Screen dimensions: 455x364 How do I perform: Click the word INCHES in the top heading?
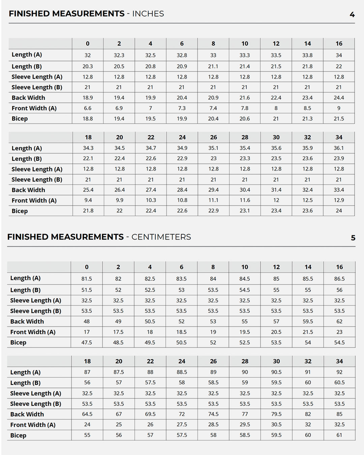pos(148,14)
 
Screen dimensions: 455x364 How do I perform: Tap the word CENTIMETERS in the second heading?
pos(161,237)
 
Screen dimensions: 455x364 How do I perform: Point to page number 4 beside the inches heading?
pos(352,14)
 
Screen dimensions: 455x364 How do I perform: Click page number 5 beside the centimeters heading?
pos(353,238)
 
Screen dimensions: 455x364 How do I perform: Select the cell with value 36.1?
pos(339,148)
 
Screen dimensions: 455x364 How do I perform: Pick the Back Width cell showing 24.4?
pos(339,98)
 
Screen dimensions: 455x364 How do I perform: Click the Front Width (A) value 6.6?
pos(88,108)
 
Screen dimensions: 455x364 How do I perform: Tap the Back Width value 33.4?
pos(339,190)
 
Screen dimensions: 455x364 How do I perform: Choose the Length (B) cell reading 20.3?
pos(88,66)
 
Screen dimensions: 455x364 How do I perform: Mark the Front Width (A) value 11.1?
pos(213,200)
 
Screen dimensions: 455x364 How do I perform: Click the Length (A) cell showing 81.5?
pos(87,279)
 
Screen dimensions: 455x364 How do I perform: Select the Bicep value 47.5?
pos(87,342)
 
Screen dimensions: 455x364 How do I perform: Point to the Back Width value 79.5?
pos(276,414)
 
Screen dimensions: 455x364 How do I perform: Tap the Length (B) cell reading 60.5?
pos(339,383)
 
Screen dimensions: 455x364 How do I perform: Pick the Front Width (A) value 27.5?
pos(182,425)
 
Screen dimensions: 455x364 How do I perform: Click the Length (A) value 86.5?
pos(339,279)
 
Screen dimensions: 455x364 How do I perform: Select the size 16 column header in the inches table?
pos(339,43)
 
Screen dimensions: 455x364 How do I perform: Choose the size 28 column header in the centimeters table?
pos(245,361)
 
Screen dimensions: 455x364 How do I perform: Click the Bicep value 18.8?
pos(88,119)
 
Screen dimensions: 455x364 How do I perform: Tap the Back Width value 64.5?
pos(87,414)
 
